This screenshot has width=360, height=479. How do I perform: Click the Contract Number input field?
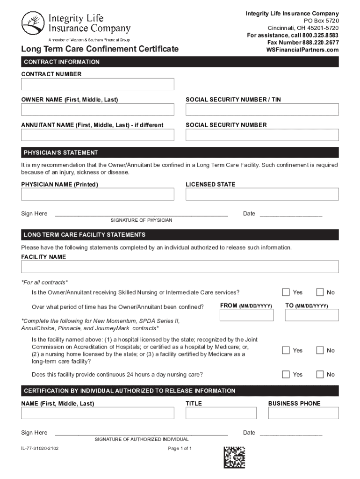[x=97, y=84]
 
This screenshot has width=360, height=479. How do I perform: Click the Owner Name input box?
[x=97, y=109]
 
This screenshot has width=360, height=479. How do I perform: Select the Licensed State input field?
[x=262, y=194]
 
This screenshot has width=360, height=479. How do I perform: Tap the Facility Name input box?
[x=180, y=267]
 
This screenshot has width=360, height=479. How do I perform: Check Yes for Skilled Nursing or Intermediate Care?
[x=286, y=292]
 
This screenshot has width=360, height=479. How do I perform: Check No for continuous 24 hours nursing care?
[x=320, y=374]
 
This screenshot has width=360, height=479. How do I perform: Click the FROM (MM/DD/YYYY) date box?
[x=246, y=315]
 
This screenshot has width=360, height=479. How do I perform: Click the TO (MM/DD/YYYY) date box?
[x=312, y=315]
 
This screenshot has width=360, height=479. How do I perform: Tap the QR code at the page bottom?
[x=234, y=457]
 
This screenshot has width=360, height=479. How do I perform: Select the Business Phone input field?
[x=303, y=413]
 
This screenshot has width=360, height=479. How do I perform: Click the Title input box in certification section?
[x=221, y=413]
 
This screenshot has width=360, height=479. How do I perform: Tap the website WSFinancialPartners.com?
[x=302, y=50]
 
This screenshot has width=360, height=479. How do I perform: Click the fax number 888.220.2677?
[x=306, y=43]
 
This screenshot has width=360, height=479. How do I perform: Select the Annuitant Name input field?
[x=97, y=135]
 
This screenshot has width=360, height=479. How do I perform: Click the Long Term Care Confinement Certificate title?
[x=100, y=49]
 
